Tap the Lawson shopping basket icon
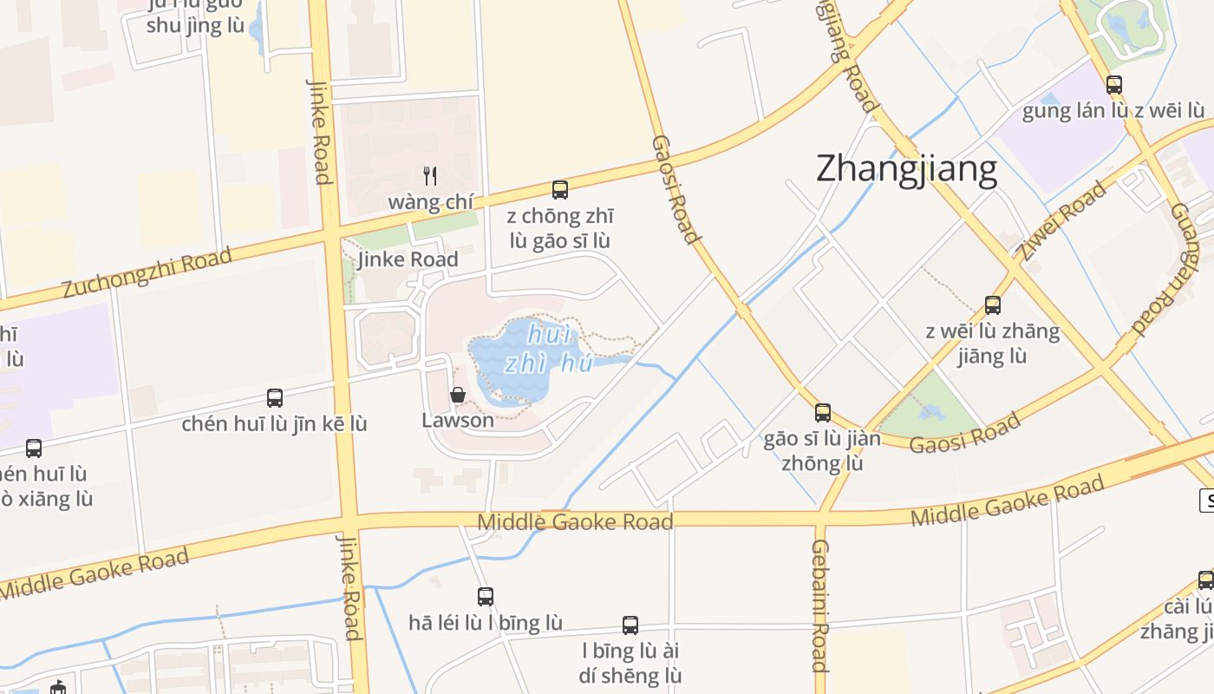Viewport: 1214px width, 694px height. pyautogui.click(x=458, y=395)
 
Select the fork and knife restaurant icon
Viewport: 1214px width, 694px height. pyautogui.click(x=429, y=176)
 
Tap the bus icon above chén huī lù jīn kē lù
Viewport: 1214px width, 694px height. pyautogui.click(x=275, y=398)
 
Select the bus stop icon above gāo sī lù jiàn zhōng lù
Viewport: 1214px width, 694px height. pyautogui.click(x=823, y=413)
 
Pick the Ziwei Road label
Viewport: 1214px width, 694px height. pyautogui.click(x=1062, y=220)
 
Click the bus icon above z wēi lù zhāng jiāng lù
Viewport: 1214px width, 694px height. pyautogui.click(x=993, y=305)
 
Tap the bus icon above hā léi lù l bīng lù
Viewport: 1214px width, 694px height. pyautogui.click(x=486, y=597)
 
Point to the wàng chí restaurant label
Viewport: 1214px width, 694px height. pyautogui.click(x=430, y=202)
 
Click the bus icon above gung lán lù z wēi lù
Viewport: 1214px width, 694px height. pyautogui.click(x=1114, y=85)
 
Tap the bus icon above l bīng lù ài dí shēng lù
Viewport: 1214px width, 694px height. pyautogui.click(x=630, y=625)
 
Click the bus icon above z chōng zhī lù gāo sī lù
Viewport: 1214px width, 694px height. pyautogui.click(x=560, y=190)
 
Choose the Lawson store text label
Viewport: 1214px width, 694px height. pyautogui.click(x=458, y=421)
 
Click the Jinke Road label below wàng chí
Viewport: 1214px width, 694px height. pyautogui.click(x=408, y=259)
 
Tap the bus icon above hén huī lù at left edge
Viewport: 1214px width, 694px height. pyautogui.click(x=34, y=448)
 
